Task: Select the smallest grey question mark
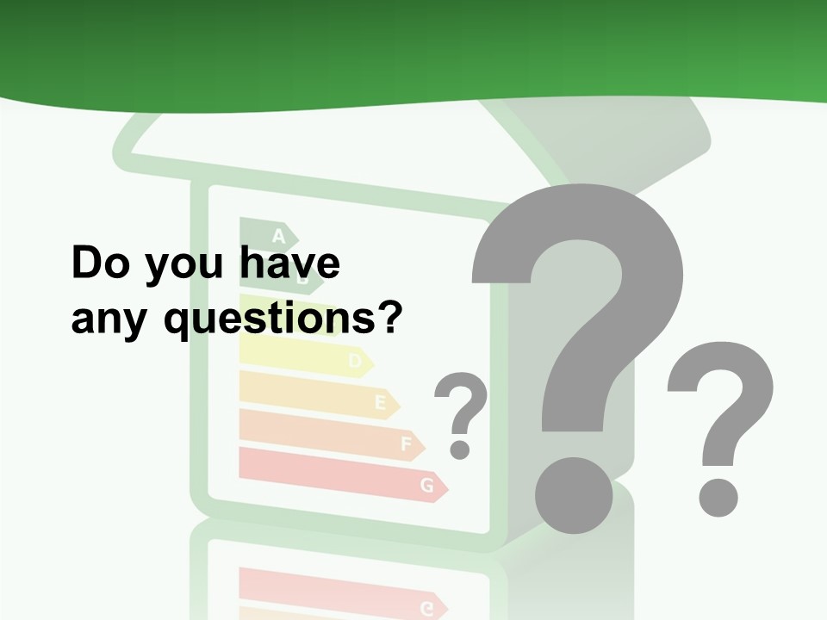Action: pos(461,405)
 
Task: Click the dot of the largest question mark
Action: pos(573,496)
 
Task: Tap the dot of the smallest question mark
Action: pos(460,449)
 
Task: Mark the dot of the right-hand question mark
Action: pos(718,497)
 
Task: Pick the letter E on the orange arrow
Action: pos(380,402)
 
